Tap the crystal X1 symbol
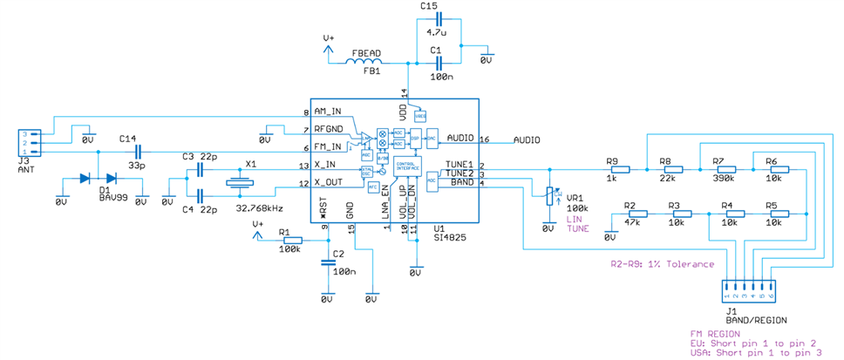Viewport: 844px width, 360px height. (238, 183)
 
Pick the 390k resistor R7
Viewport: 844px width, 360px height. (719, 168)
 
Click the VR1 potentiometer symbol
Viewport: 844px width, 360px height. (548, 197)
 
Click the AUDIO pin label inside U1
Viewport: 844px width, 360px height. (459, 139)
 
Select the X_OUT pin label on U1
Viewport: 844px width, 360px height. (330, 182)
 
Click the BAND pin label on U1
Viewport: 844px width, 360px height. (461, 181)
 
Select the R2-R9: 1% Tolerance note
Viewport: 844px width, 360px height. (662, 263)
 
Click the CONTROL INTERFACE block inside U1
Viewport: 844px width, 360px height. (406, 166)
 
